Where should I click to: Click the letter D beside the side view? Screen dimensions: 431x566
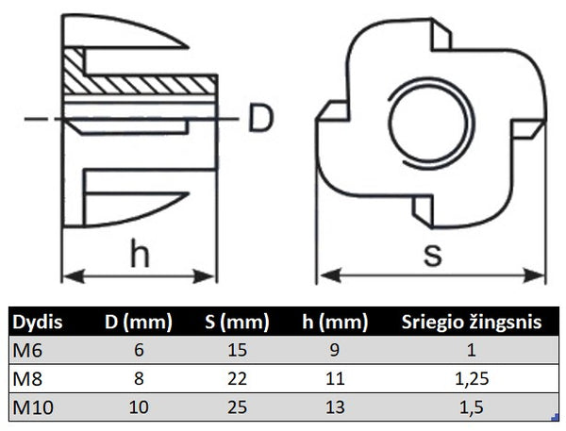coord(263,119)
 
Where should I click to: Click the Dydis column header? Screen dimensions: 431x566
coord(39,323)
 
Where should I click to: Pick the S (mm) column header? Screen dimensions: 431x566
coord(233,323)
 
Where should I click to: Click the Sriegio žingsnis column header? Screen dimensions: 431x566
coord(472,323)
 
